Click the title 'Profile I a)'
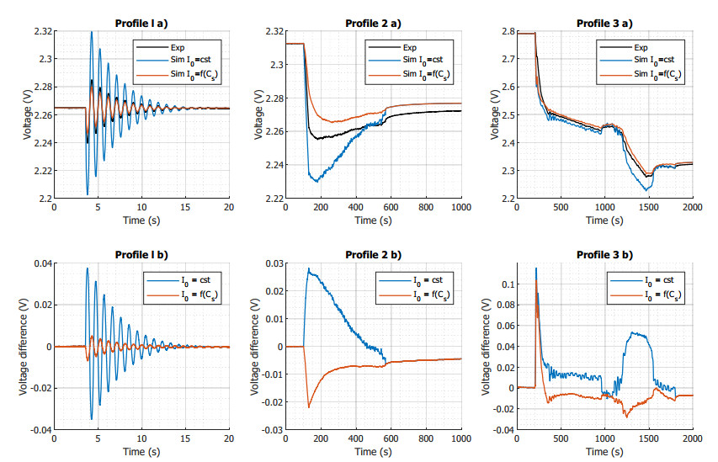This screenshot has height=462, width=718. (141, 22)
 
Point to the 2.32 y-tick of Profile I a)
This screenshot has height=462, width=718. (41, 31)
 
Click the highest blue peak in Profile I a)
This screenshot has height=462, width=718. (91, 32)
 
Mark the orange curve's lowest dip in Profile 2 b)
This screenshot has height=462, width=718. (310, 407)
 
